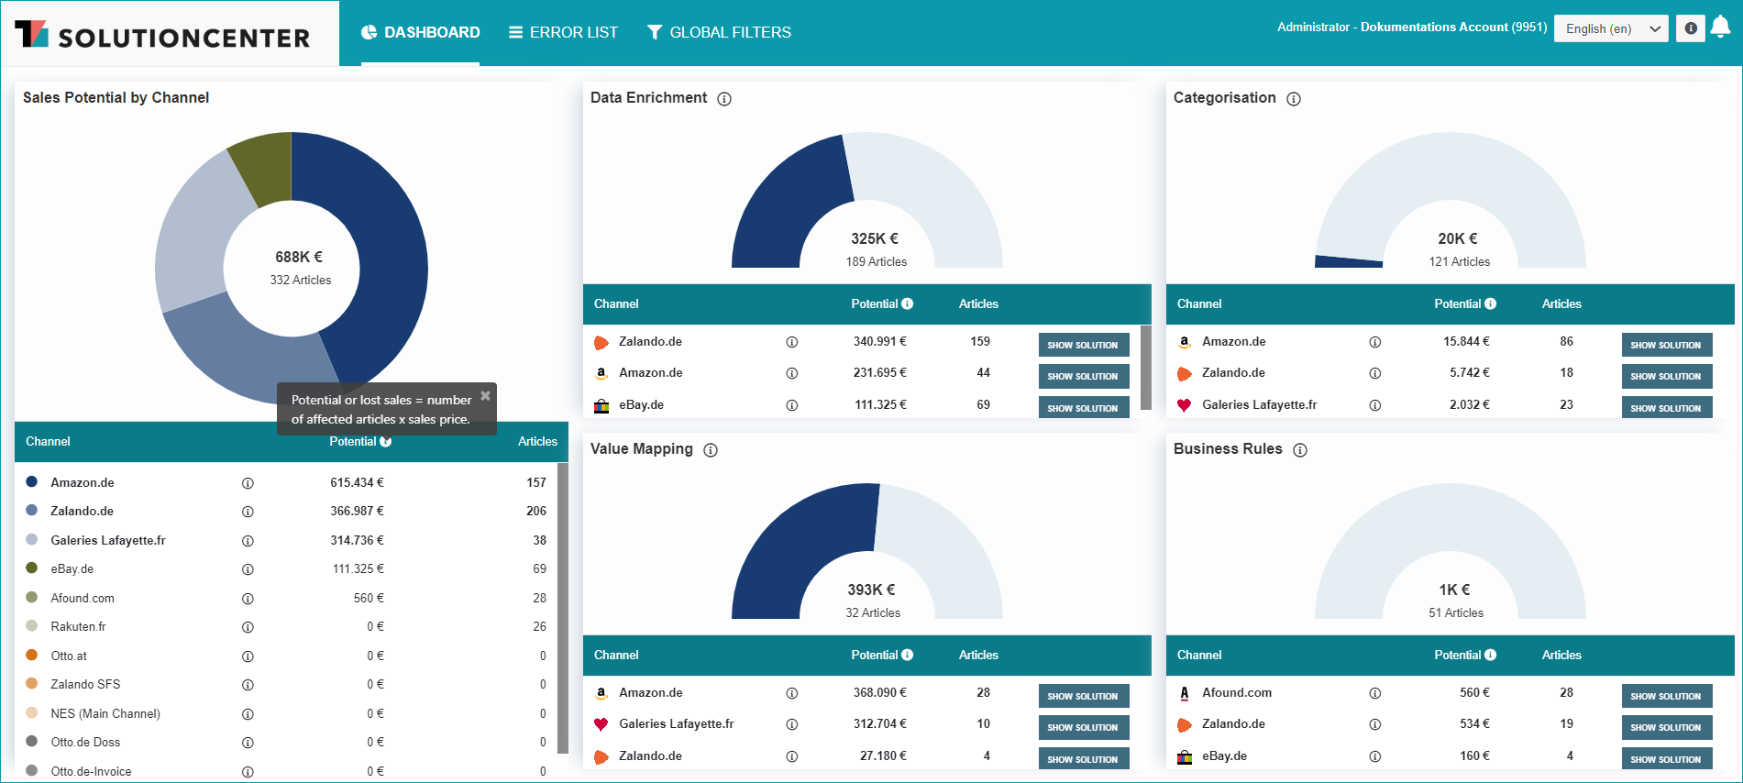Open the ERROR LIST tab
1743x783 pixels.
coord(563,32)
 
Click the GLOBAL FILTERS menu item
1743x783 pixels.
coord(719,32)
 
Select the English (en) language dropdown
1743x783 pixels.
coord(1611,28)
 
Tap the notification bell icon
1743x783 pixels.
coord(1720,28)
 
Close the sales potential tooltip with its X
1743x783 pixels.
coord(485,395)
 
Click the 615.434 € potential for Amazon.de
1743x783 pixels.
coord(357,482)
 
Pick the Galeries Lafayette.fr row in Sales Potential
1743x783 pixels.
coord(108,540)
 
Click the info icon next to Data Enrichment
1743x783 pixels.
coord(724,99)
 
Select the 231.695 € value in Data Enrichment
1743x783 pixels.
coord(879,372)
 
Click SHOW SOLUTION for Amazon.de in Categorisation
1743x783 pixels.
coord(1666,345)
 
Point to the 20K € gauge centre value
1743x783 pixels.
coord(1457,238)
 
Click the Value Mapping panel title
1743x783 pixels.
coord(642,448)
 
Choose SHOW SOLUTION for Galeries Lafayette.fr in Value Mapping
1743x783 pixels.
coord(1083,727)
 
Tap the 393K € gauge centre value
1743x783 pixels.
coord(871,590)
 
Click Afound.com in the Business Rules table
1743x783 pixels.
coord(1237,692)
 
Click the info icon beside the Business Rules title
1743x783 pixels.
coord(1300,450)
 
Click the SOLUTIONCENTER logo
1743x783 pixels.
coord(162,35)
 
